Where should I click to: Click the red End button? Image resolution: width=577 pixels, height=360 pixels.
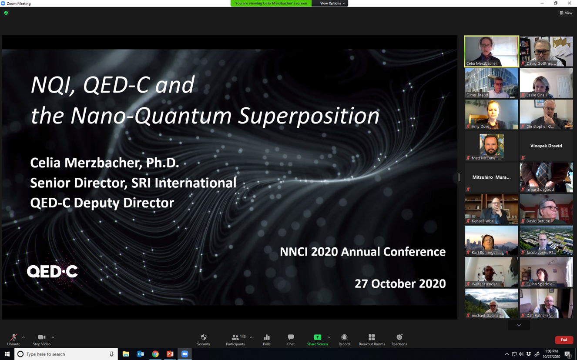pos(564,340)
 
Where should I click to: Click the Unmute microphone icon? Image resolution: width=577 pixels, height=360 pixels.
pos(13,337)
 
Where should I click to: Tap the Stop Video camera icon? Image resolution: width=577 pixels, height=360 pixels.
pos(41,337)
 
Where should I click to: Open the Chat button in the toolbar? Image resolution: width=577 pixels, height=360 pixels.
pos(291,337)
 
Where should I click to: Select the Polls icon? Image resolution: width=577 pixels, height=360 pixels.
pos(267,337)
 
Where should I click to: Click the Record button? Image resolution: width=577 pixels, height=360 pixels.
pos(344,337)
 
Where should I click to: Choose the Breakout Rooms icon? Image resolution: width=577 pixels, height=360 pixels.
pos(372,337)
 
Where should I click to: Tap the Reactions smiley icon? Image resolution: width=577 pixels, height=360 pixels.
pos(399,337)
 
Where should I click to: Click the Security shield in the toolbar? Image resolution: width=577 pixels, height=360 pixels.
pos(204,337)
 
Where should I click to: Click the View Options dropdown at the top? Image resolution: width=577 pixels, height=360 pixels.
pos(332,3)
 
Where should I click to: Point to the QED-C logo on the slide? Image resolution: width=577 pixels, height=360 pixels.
pos(52,271)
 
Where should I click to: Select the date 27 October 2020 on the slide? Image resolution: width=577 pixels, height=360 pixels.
pos(400,283)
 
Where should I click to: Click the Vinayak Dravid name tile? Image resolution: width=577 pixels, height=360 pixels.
pos(546,146)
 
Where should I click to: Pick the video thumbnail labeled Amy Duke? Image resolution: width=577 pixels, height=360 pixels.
pos(491,114)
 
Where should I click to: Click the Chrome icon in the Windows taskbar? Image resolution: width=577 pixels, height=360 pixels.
pos(155,354)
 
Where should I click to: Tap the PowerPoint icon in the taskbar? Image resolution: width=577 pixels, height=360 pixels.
pos(170,354)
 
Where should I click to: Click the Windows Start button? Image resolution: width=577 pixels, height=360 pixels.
pos(7,354)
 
